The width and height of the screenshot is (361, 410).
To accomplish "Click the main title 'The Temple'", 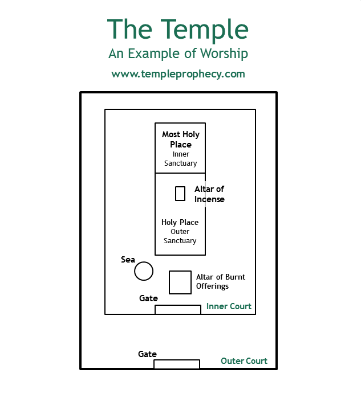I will (x=178, y=29).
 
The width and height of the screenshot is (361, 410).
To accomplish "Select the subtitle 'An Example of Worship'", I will (x=178, y=54).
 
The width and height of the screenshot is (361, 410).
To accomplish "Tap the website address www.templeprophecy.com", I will (x=178, y=74).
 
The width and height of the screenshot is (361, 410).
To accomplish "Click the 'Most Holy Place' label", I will (x=180, y=140).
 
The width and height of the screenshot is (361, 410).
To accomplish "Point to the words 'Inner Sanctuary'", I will (x=180, y=159).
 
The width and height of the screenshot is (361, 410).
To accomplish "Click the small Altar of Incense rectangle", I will (x=180, y=194).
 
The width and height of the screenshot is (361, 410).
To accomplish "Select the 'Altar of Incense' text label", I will (x=209, y=194).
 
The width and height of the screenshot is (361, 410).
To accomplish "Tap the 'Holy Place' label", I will (x=180, y=223).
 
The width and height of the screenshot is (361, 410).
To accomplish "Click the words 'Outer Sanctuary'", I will (x=180, y=236).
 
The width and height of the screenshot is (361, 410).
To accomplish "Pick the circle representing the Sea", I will (x=144, y=271).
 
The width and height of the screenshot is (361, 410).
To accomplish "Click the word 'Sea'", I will (x=128, y=260).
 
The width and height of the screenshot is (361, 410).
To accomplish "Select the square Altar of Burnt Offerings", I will (x=180, y=282).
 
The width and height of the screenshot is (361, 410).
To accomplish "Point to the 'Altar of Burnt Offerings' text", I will (x=221, y=281).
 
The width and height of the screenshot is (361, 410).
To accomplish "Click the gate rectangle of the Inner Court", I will (x=178, y=310).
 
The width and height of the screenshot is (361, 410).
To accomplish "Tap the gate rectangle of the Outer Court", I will (x=177, y=364).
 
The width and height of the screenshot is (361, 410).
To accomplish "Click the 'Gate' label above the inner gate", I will (x=148, y=298).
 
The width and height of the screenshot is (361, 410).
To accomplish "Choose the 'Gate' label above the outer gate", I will (x=147, y=354).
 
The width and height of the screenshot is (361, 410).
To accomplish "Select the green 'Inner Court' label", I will (x=229, y=306).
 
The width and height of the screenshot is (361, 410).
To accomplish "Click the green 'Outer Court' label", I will (x=244, y=361).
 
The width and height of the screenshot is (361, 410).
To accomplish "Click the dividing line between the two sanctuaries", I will (x=180, y=173).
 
